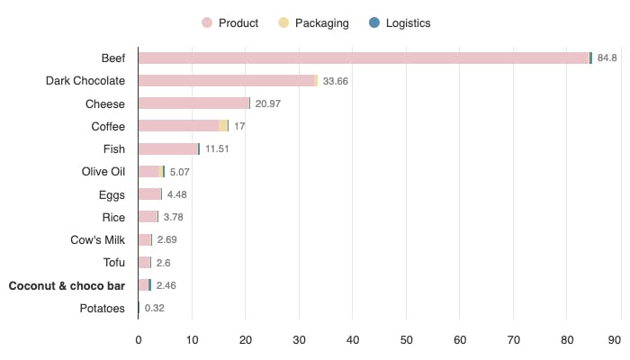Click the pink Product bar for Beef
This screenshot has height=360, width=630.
363,58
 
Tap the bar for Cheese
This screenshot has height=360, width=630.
193,103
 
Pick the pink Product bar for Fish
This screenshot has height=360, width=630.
167,148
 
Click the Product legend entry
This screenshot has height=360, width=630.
230,22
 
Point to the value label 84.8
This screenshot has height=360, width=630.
607,58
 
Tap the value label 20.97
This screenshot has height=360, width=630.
267,103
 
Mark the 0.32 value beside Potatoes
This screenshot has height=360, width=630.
155,308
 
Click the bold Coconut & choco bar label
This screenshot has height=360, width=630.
67,285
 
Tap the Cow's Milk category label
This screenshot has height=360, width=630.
97,239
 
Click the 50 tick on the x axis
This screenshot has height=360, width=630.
406,340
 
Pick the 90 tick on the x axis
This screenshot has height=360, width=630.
615,340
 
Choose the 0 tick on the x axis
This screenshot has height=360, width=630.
139,340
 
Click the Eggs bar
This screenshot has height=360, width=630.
149,194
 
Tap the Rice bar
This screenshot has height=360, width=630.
148,217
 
